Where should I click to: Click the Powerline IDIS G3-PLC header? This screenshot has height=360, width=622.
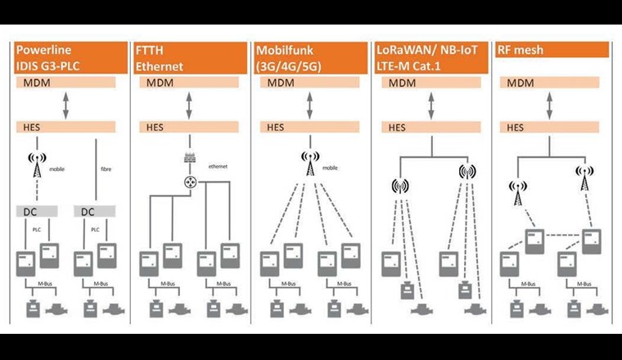pyautogui.click(x=68, y=57)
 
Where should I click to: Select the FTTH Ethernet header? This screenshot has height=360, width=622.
pyautogui.click(x=188, y=57)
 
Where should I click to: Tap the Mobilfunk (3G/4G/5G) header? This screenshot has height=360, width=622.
pyautogui.click(x=309, y=57)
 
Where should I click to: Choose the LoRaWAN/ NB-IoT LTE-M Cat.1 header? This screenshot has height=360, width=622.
pyautogui.click(x=430, y=57)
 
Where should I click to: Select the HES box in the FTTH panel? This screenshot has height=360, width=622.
pyautogui.click(x=188, y=128)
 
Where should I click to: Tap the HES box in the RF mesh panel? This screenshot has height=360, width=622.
pyautogui.click(x=551, y=128)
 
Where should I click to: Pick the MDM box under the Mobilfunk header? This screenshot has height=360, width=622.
pyautogui.click(x=309, y=83)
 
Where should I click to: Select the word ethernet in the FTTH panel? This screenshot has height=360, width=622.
pyautogui.click(x=217, y=164)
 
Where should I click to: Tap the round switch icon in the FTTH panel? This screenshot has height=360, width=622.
pyautogui.click(x=189, y=182)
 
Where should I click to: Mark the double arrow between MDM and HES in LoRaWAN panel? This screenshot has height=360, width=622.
pyautogui.click(x=430, y=106)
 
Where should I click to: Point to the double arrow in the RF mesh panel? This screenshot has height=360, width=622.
pyautogui.click(x=551, y=106)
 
